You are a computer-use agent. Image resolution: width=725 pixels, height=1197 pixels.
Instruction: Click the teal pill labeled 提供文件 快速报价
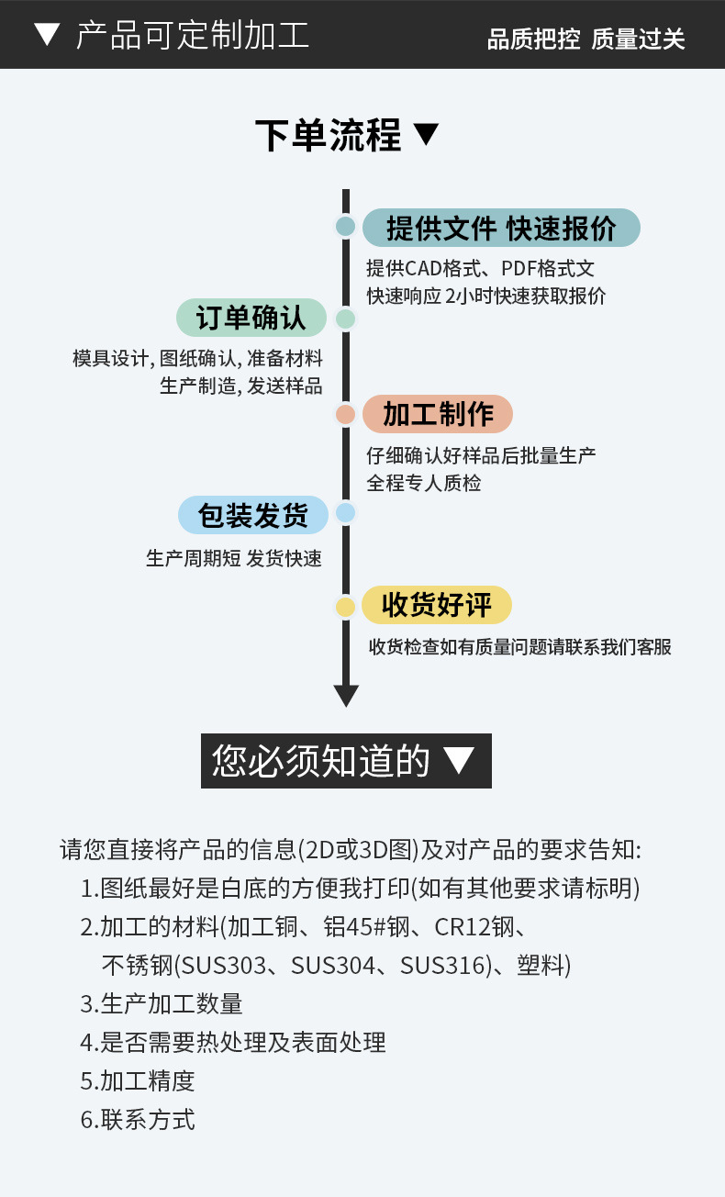tap(500, 229)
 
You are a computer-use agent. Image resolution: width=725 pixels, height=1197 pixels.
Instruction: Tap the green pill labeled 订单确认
tap(251, 319)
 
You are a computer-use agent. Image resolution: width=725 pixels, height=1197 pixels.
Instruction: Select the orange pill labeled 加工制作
tap(437, 414)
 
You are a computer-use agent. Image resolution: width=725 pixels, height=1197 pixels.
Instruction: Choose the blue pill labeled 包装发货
tap(252, 515)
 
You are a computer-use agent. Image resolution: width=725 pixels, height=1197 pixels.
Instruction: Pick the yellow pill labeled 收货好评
tap(436, 605)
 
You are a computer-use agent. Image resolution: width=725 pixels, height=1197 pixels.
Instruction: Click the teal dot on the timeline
tap(345, 227)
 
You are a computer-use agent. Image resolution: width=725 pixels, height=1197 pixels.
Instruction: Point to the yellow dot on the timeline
tap(345, 607)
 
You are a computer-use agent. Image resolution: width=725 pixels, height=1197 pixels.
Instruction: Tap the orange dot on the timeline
tap(345, 414)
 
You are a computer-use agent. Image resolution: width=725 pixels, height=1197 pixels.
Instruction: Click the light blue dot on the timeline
tap(345, 513)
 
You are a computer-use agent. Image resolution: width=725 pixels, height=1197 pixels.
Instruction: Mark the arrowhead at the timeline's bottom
tap(346, 695)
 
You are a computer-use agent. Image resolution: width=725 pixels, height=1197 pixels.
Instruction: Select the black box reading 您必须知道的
tap(346, 761)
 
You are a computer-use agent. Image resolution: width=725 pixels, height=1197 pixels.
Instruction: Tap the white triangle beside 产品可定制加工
tap(46, 36)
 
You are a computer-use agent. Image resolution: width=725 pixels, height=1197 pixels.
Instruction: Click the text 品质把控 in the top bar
tap(533, 39)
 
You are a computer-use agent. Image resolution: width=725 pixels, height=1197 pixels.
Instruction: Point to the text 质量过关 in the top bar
tap(638, 39)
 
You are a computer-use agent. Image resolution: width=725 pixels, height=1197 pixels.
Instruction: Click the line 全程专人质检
tap(424, 483)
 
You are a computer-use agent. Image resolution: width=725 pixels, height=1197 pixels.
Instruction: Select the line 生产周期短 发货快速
tap(234, 558)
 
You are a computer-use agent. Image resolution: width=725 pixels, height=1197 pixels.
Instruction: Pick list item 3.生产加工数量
tap(162, 1003)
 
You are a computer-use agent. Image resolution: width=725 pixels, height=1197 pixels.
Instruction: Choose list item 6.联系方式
tap(138, 1120)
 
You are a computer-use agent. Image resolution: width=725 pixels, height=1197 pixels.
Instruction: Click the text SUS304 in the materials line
tap(332, 966)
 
